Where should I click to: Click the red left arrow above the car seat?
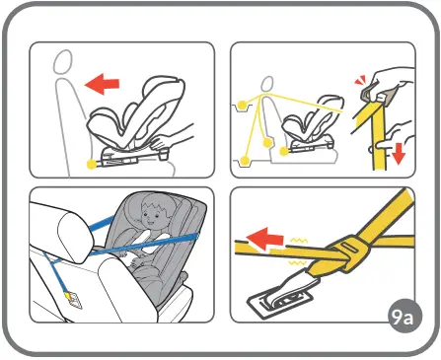point(104,85)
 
